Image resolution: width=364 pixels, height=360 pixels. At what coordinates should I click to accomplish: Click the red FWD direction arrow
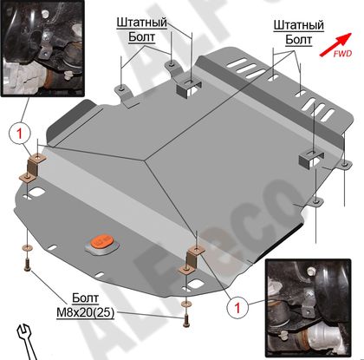point(335,44)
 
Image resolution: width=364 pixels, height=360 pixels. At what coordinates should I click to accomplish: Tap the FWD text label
point(342,54)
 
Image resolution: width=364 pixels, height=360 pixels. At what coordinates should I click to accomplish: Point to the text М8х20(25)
point(85,312)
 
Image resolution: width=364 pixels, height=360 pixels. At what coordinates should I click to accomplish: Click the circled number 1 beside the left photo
point(20,134)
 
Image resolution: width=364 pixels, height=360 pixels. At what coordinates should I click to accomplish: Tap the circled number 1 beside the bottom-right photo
point(237,308)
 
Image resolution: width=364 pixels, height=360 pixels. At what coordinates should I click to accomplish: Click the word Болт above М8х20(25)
point(85,298)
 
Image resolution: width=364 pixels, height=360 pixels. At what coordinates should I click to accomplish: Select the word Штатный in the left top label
point(142,23)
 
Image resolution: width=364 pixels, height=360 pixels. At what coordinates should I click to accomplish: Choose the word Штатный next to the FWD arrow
point(299,25)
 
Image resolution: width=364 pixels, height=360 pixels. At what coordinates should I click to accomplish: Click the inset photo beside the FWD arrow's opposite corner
point(42,48)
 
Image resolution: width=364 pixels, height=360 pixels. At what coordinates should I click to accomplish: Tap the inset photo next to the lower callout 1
point(308,308)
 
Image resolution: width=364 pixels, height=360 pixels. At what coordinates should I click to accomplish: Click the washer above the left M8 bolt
point(27,247)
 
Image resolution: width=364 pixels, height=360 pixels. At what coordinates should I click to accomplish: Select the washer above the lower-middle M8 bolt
point(185,304)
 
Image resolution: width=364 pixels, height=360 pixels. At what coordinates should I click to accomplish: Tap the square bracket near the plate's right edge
point(311,159)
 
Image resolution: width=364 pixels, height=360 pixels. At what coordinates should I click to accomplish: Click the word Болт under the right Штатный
point(299,40)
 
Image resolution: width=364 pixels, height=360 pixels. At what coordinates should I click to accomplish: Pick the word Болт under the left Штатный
point(142,37)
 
